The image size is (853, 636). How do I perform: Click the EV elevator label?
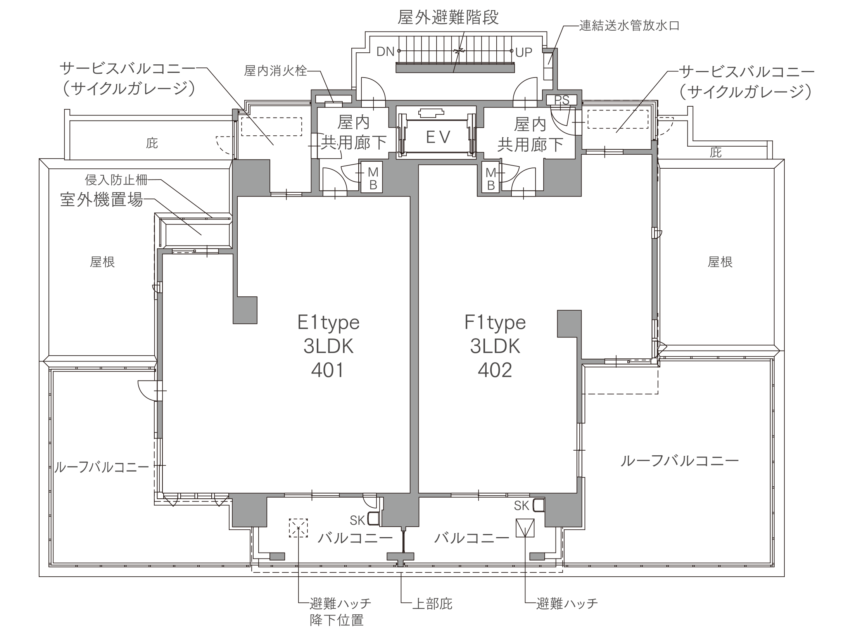(438, 137)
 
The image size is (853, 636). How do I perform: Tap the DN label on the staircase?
(385, 52)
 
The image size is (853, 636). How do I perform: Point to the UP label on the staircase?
(524, 52)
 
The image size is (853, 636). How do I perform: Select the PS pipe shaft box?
(561, 100)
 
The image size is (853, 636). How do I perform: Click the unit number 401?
(328, 370)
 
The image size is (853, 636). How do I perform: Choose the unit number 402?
(495, 370)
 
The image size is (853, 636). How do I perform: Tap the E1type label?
(328, 322)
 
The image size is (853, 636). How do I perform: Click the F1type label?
(495, 322)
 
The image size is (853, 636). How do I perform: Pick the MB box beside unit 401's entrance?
(372, 177)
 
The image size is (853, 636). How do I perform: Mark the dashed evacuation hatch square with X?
(298, 528)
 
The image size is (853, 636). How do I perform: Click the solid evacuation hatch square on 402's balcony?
(525, 528)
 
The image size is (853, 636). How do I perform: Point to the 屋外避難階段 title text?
(448, 17)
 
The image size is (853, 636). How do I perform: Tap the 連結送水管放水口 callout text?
(629, 26)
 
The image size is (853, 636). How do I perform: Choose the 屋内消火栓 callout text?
(275, 71)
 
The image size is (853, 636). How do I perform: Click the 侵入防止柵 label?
(116, 180)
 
